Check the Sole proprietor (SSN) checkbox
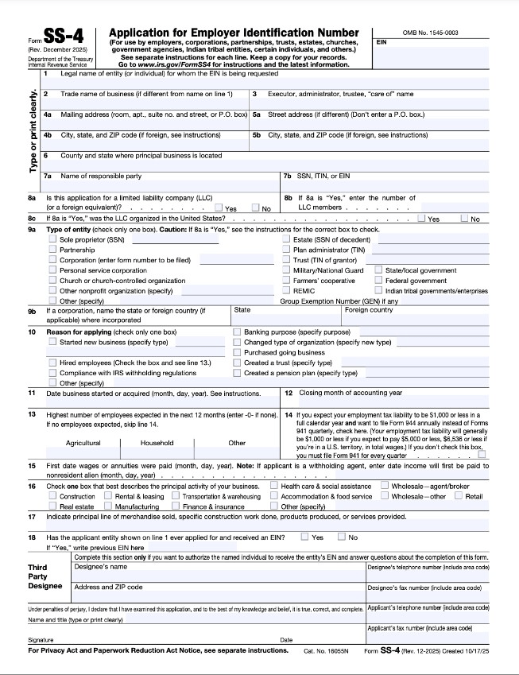click(52, 239)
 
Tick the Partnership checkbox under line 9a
click(52, 250)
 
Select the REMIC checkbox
click(286, 291)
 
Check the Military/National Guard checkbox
click(286, 270)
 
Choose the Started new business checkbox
click(52, 342)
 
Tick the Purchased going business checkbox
click(237, 352)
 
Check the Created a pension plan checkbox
click(237, 373)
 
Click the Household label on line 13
click(157, 443)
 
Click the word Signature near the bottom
click(41, 639)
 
